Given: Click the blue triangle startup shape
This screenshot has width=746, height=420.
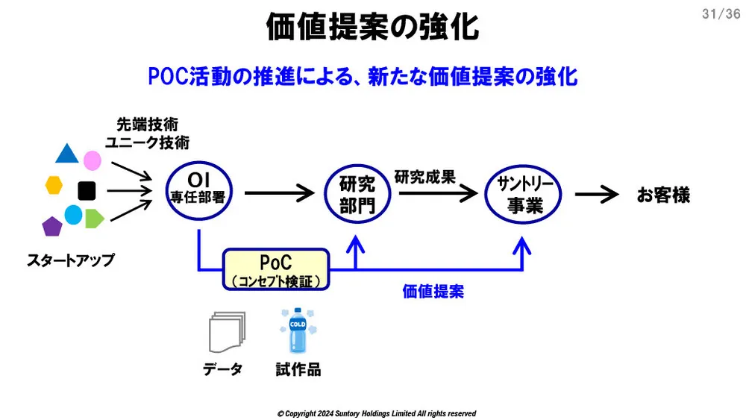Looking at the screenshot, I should click(66, 154).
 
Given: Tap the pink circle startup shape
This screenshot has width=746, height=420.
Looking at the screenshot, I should click(92, 160).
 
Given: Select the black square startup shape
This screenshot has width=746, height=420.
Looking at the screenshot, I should click(87, 190).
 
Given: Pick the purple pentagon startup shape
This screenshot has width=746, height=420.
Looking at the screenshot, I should click(52, 225).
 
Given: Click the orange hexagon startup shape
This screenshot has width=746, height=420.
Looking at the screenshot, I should click(54, 185).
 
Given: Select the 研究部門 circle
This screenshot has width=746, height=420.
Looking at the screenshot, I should click(357, 195).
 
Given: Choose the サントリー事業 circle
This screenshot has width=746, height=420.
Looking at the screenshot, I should click(524, 195).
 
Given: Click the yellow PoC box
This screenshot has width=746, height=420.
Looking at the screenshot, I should click(276, 269).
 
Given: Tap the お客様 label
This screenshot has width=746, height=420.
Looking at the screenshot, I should click(663, 195).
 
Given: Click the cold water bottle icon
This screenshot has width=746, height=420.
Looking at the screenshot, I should click(298, 332).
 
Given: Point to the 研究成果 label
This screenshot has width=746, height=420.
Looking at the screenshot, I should click(424, 178).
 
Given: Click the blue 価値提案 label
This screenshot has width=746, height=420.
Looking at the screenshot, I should click(433, 292).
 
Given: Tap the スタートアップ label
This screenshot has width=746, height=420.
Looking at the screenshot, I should click(71, 260).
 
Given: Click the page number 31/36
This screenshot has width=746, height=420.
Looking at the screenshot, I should click(721, 13).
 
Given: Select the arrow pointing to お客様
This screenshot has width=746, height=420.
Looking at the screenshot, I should click(597, 195).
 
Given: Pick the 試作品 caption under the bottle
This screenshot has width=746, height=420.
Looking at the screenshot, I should click(298, 370).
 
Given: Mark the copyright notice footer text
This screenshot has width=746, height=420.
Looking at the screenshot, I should click(376, 413).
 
